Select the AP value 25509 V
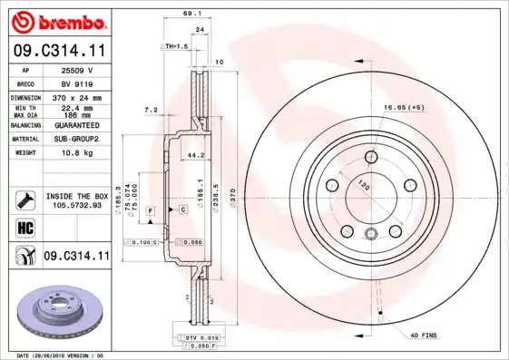pos(83,70)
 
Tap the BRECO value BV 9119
pos(83,83)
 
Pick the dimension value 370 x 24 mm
pos(83,97)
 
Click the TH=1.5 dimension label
pos(174,45)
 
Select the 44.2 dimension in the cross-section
pos(192,155)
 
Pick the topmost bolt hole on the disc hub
pos(371,156)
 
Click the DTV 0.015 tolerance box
pos(197,338)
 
